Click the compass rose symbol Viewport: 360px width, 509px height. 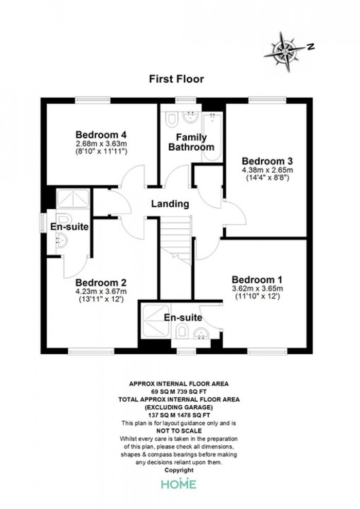click(285, 51)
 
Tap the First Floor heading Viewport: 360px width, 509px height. click(176, 79)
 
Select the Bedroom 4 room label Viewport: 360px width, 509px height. click(101, 134)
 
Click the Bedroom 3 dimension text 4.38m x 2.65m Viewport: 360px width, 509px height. click(267, 170)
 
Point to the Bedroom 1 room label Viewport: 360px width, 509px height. click(257, 280)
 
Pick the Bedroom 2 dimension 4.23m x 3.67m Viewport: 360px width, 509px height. click(101, 291)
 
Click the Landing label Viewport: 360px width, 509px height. click(170, 204)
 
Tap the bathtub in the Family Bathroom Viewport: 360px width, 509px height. click(212, 137)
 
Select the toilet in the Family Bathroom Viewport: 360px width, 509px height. click(172, 119)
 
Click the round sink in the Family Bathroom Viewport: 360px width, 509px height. click(190, 117)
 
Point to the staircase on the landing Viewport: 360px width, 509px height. click(175, 240)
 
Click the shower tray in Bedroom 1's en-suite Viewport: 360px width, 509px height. click(156, 321)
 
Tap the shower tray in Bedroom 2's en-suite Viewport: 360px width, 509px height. click(73, 198)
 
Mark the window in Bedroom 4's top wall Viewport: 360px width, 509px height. click(93, 100)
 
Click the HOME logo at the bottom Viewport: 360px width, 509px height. click(179, 484)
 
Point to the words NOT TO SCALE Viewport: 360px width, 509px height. click(179, 431)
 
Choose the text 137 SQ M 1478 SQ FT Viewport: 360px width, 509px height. click(179, 415)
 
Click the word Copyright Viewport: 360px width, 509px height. click(179, 470)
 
